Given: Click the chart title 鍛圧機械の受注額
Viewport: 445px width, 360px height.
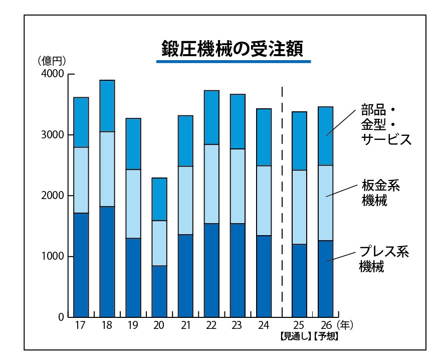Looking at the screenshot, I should click(233, 49).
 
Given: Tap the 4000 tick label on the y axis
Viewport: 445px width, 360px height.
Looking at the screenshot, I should click(52, 74).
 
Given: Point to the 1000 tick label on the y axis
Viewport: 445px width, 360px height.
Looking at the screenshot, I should click(52, 257).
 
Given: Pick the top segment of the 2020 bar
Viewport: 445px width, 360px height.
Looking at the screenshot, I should click(159, 199).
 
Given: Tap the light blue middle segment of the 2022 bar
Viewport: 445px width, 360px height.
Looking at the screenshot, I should click(211, 184).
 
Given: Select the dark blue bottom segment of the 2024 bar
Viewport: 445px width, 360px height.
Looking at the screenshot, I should click(264, 276).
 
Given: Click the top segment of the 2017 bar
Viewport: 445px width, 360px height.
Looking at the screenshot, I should click(81, 122).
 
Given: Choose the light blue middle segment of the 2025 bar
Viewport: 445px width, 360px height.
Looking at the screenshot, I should click(299, 207).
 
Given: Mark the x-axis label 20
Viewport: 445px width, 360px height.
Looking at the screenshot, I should click(159, 325).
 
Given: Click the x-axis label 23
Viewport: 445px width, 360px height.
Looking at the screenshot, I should click(237, 325).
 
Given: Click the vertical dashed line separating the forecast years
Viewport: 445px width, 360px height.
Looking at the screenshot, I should click(283, 201).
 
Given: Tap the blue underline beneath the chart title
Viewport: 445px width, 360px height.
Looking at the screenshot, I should click(234, 62).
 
